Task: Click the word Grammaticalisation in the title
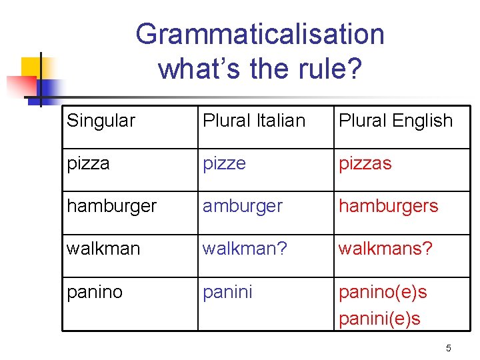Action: click(x=260, y=34)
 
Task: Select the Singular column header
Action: click(x=101, y=121)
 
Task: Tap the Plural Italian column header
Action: click(x=254, y=121)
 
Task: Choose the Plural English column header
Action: click(x=395, y=121)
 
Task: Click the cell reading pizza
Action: click(x=89, y=163)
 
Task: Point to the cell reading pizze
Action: click(x=225, y=163)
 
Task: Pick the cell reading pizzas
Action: click(x=365, y=163)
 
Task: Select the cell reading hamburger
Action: click(x=111, y=206)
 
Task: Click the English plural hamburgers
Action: click(x=389, y=206)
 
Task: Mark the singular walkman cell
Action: click(x=103, y=249)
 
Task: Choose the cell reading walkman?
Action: click(x=245, y=249)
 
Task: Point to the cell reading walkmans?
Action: click(x=386, y=249)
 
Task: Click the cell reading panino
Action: click(x=95, y=292)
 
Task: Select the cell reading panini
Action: click(x=227, y=292)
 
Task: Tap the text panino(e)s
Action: click(x=383, y=292)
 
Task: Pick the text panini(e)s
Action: click(x=380, y=318)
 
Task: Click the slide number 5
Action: click(x=449, y=347)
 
